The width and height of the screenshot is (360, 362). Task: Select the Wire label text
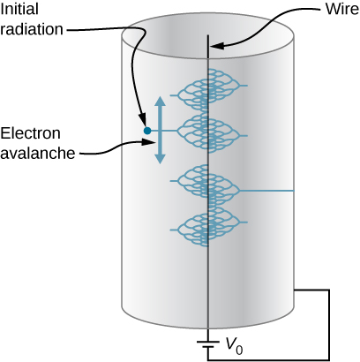coord(334,12)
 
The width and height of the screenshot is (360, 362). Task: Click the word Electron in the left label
coord(31,134)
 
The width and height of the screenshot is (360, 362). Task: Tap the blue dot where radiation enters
coord(146,132)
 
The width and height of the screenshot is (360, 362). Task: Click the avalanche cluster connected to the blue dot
coord(207,132)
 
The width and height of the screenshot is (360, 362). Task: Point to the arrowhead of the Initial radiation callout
coord(142,122)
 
